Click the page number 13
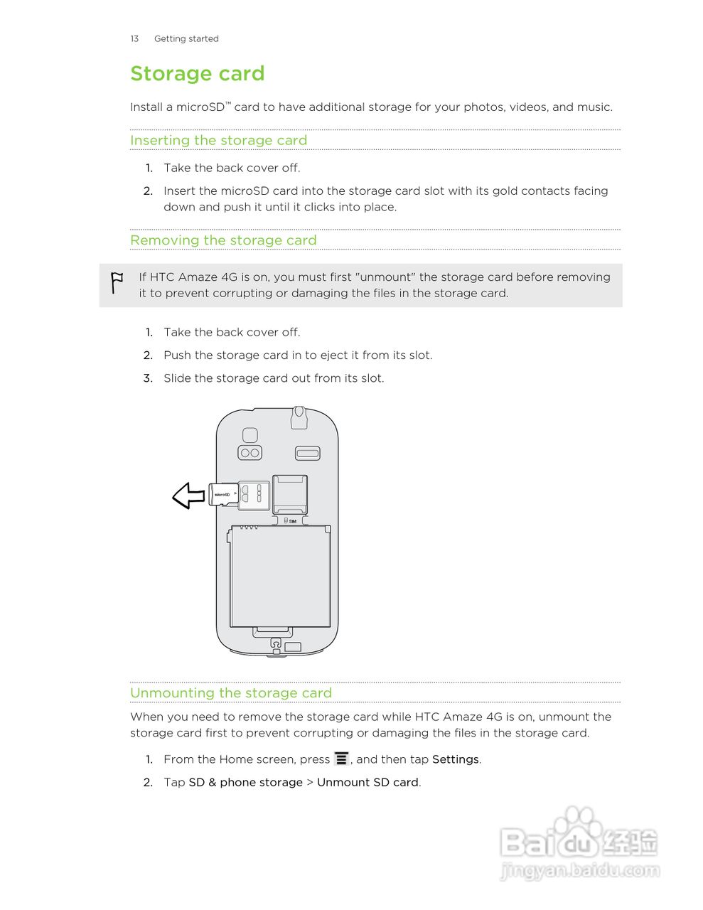click(134, 39)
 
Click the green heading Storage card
click(197, 74)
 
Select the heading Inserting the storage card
click(218, 140)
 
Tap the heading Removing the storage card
click(223, 240)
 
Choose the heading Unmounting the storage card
click(230, 693)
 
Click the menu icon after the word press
click(342, 759)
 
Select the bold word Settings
click(456, 759)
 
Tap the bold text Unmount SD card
click(367, 782)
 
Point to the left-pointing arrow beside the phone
click(189, 496)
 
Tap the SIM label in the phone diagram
click(291, 521)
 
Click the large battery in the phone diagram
click(281, 576)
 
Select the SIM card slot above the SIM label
click(290, 493)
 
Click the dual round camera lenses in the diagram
click(249, 453)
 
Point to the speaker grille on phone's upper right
click(308, 454)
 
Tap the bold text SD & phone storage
click(245, 782)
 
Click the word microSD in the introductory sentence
click(200, 107)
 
